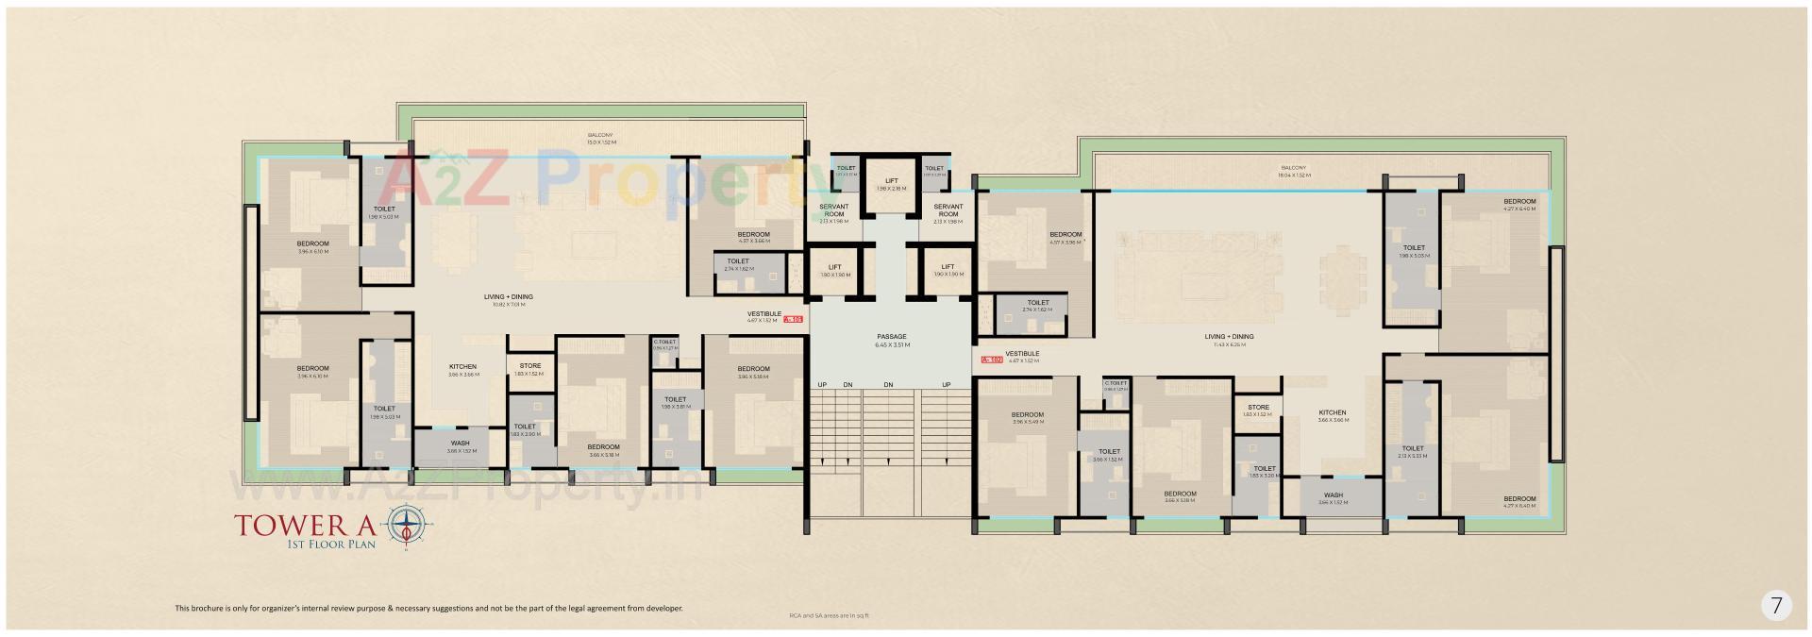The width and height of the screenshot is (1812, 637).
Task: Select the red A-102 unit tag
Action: [x=991, y=359]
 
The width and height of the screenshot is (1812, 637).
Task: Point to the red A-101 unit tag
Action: [x=793, y=320]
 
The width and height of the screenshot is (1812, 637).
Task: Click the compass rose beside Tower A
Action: [x=407, y=525]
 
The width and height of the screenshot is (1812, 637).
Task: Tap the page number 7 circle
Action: [x=1775, y=606]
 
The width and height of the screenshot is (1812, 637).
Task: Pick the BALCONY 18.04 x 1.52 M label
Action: [x=1294, y=171]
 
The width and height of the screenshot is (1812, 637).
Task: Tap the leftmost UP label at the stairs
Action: [x=822, y=385]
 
